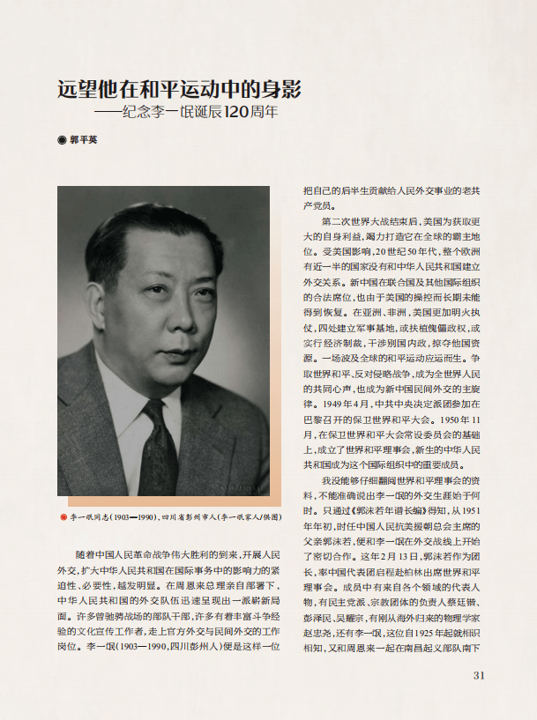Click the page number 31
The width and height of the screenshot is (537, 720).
[x=480, y=676]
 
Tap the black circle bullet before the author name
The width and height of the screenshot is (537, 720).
[x=62, y=139]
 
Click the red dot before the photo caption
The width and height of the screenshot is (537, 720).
[x=63, y=516]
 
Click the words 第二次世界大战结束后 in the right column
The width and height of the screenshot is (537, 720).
[x=365, y=220]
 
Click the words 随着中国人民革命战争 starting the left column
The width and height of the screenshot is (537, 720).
[x=127, y=555]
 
